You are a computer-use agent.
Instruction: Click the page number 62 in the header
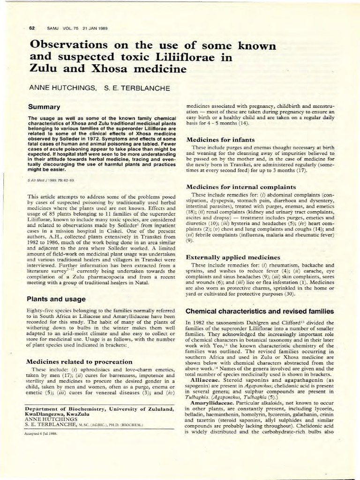(33, 29)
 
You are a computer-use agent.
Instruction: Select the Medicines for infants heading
(220, 140)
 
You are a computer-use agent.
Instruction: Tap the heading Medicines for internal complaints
(241, 187)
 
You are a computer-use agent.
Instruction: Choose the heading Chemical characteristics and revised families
(260, 311)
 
